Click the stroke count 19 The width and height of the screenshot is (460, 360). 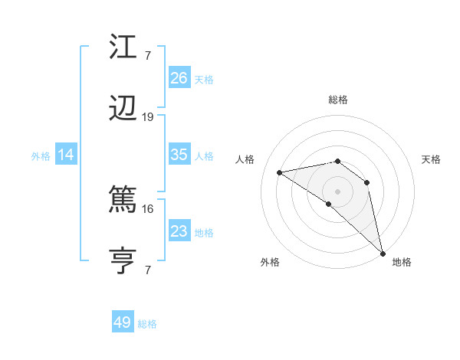tap(148, 117)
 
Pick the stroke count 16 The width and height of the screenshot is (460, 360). tap(148, 208)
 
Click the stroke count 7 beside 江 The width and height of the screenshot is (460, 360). tap(148, 54)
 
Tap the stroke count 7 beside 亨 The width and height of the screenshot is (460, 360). tap(148, 269)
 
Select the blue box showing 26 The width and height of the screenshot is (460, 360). tap(179, 78)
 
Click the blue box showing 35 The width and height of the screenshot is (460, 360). tap(179, 155)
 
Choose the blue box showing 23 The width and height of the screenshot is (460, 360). tap(179, 231)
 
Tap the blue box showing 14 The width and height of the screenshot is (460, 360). tap(66, 155)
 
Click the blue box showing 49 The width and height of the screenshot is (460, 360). tap(123, 322)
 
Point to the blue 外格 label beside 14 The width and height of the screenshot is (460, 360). tap(41, 156)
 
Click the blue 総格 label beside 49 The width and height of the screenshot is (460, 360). tap(147, 324)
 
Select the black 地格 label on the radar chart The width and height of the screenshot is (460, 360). tap(402, 262)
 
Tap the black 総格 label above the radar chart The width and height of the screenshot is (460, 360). tap(338, 100)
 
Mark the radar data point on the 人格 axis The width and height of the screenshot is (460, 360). tap(280, 172)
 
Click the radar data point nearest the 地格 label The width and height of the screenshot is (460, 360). tap(382, 254)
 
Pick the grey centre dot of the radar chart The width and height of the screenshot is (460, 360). tap(337, 191)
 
